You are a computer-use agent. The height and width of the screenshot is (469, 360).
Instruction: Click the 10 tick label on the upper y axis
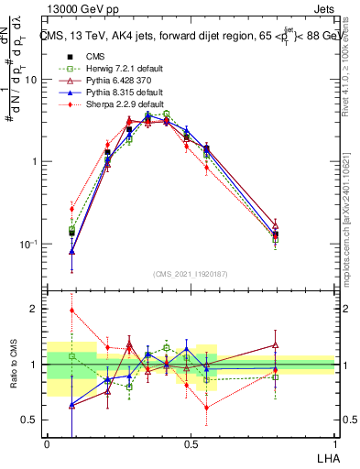(30, 80)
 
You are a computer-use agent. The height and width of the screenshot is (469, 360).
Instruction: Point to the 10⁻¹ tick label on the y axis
(27, 245)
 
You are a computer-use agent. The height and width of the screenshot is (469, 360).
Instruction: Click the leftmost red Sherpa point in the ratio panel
(71, 310)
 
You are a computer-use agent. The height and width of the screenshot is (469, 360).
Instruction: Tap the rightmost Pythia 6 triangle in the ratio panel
(275, 345)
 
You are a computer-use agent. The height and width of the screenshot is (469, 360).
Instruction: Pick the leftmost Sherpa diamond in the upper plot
(71, 209)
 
